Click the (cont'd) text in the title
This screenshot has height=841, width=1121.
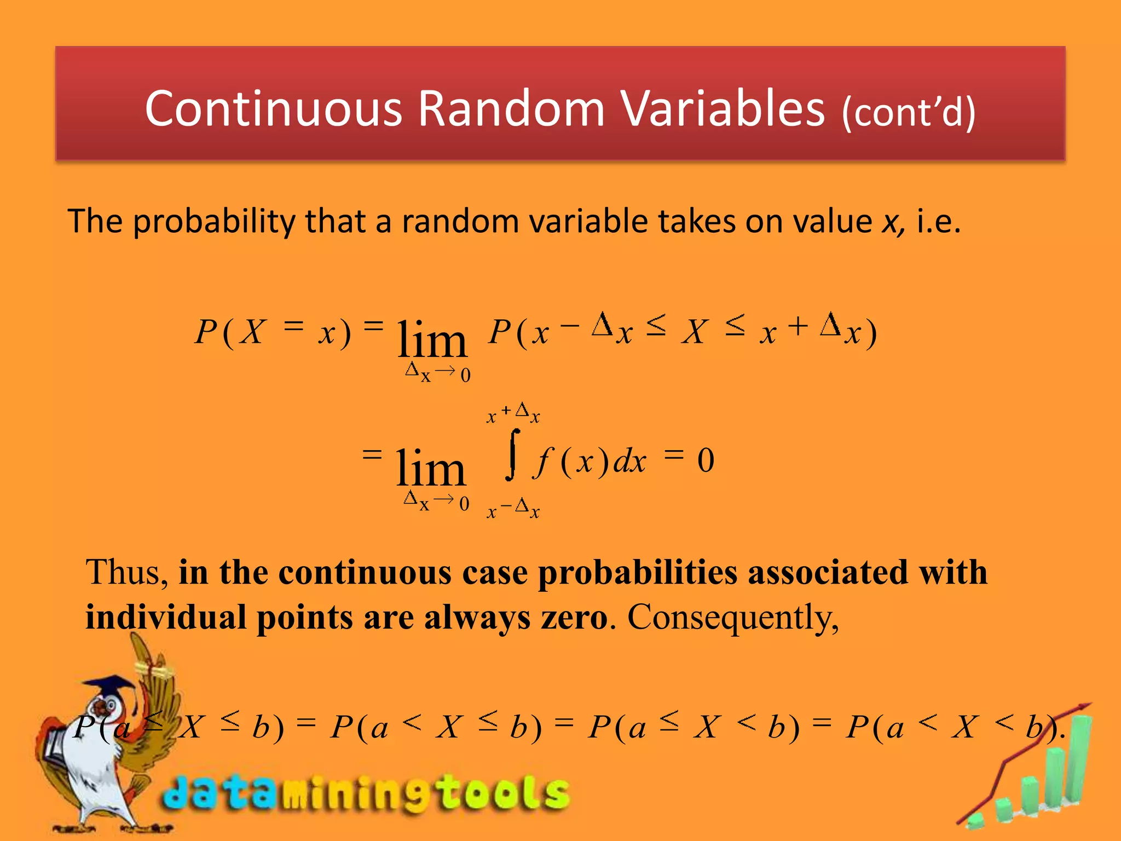[x=909, y=112]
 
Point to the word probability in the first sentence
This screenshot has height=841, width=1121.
[x=214, y=222]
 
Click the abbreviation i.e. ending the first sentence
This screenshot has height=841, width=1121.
[x=938, y=222]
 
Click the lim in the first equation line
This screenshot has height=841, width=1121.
[x=432, y=339]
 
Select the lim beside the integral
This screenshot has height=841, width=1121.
[x=430, y=468]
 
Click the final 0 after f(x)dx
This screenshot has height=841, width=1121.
[x=706, y=460]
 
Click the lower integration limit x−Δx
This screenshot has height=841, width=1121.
[x=513, y=509]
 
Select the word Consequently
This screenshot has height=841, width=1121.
[x=732, y=618]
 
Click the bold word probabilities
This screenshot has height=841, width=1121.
[x=638, y=573]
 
